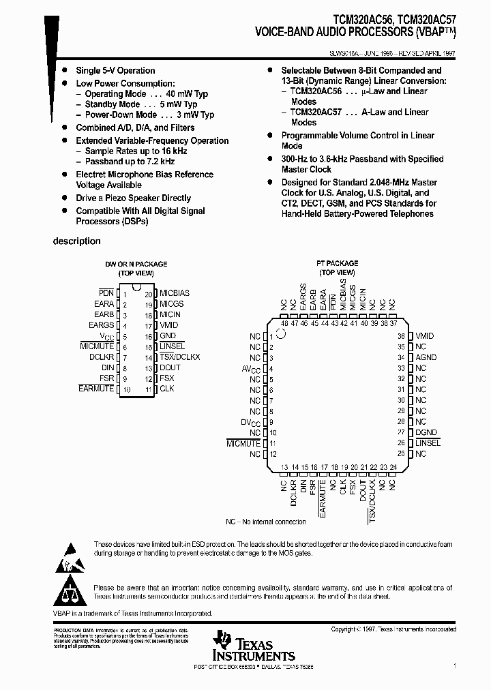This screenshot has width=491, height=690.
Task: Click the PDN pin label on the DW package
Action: (106, 292)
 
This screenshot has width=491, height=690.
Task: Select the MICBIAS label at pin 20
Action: (175, 292)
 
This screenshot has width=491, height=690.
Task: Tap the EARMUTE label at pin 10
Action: (96, 389)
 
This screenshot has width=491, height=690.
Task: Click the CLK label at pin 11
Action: (167, 389)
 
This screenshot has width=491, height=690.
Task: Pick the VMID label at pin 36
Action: (424, 336)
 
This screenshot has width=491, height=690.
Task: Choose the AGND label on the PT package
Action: (426, 357)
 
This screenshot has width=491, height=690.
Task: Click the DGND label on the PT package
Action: (426, 433)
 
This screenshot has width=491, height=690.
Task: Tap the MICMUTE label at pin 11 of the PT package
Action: (243, 443)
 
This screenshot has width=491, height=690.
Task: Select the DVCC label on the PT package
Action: (251, 422)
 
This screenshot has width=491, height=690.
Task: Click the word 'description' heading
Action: (77, 241)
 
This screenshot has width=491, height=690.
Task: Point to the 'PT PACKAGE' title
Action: (337, 263)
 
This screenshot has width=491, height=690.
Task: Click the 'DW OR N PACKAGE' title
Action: (136, 264)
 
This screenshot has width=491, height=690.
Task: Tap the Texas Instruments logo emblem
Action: (222, 639)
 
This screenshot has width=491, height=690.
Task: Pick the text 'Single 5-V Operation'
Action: (115, 70)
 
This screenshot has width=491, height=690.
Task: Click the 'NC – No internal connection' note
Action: (266, 522)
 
